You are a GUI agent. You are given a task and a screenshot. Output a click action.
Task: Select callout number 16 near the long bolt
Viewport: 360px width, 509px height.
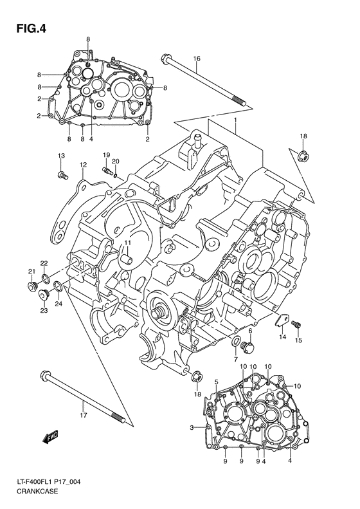197,59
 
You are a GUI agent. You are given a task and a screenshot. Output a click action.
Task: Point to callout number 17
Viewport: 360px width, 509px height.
83,405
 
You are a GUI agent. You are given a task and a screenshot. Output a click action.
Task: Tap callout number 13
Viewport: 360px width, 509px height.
61,156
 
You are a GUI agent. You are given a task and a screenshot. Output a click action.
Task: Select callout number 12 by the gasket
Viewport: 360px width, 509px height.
83,165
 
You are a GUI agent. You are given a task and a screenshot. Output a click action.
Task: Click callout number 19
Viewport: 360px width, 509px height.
106,155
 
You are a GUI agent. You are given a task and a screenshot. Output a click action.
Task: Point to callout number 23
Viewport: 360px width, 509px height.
44,311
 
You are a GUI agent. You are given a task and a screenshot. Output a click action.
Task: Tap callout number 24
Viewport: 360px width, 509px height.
59,304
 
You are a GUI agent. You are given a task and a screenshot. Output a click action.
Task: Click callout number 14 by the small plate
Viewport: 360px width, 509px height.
282,337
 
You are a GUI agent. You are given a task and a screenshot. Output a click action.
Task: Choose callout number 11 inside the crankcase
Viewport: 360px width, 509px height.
127,242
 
